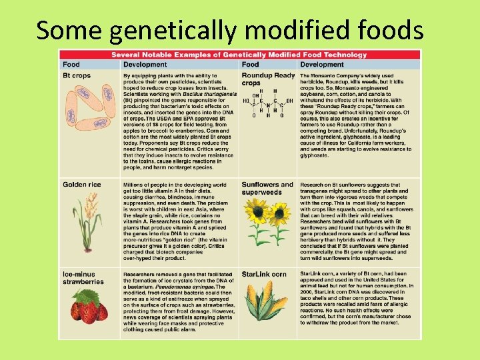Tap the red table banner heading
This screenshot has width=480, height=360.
[239, 55]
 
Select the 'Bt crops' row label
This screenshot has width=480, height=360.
[77, 76]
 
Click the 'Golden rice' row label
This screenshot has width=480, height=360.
[82, 185]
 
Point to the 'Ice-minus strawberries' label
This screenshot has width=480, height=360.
[83, 278]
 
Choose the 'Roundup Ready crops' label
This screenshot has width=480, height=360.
[267, 79]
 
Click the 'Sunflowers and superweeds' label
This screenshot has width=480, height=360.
[267, 189]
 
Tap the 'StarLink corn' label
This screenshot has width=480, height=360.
[264, 274]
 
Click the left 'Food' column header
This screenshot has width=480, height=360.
[71, 65]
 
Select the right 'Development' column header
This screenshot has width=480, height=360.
[322, 65]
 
